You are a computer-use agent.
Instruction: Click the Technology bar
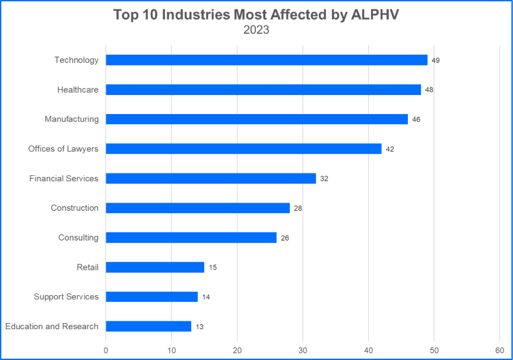(267, 60)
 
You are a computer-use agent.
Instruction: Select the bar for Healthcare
(263, 90)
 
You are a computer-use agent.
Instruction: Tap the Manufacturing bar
(256, 119)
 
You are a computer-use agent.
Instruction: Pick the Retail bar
(155, 267)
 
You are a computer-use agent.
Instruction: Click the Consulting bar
(191, 238)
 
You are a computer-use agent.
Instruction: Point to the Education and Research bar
(148, 326)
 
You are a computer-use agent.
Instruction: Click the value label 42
(390, 149)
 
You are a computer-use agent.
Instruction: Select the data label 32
(324, 179)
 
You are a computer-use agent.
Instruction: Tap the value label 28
(298, 209)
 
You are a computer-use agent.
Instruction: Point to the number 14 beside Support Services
(206, 297)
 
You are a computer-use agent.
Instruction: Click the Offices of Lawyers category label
(63, 149)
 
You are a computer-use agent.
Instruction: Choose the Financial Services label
(64, 178)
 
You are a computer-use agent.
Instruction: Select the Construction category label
(74, 208)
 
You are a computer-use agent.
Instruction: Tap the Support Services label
(66, 296)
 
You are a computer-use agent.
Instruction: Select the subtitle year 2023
(256, 30)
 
